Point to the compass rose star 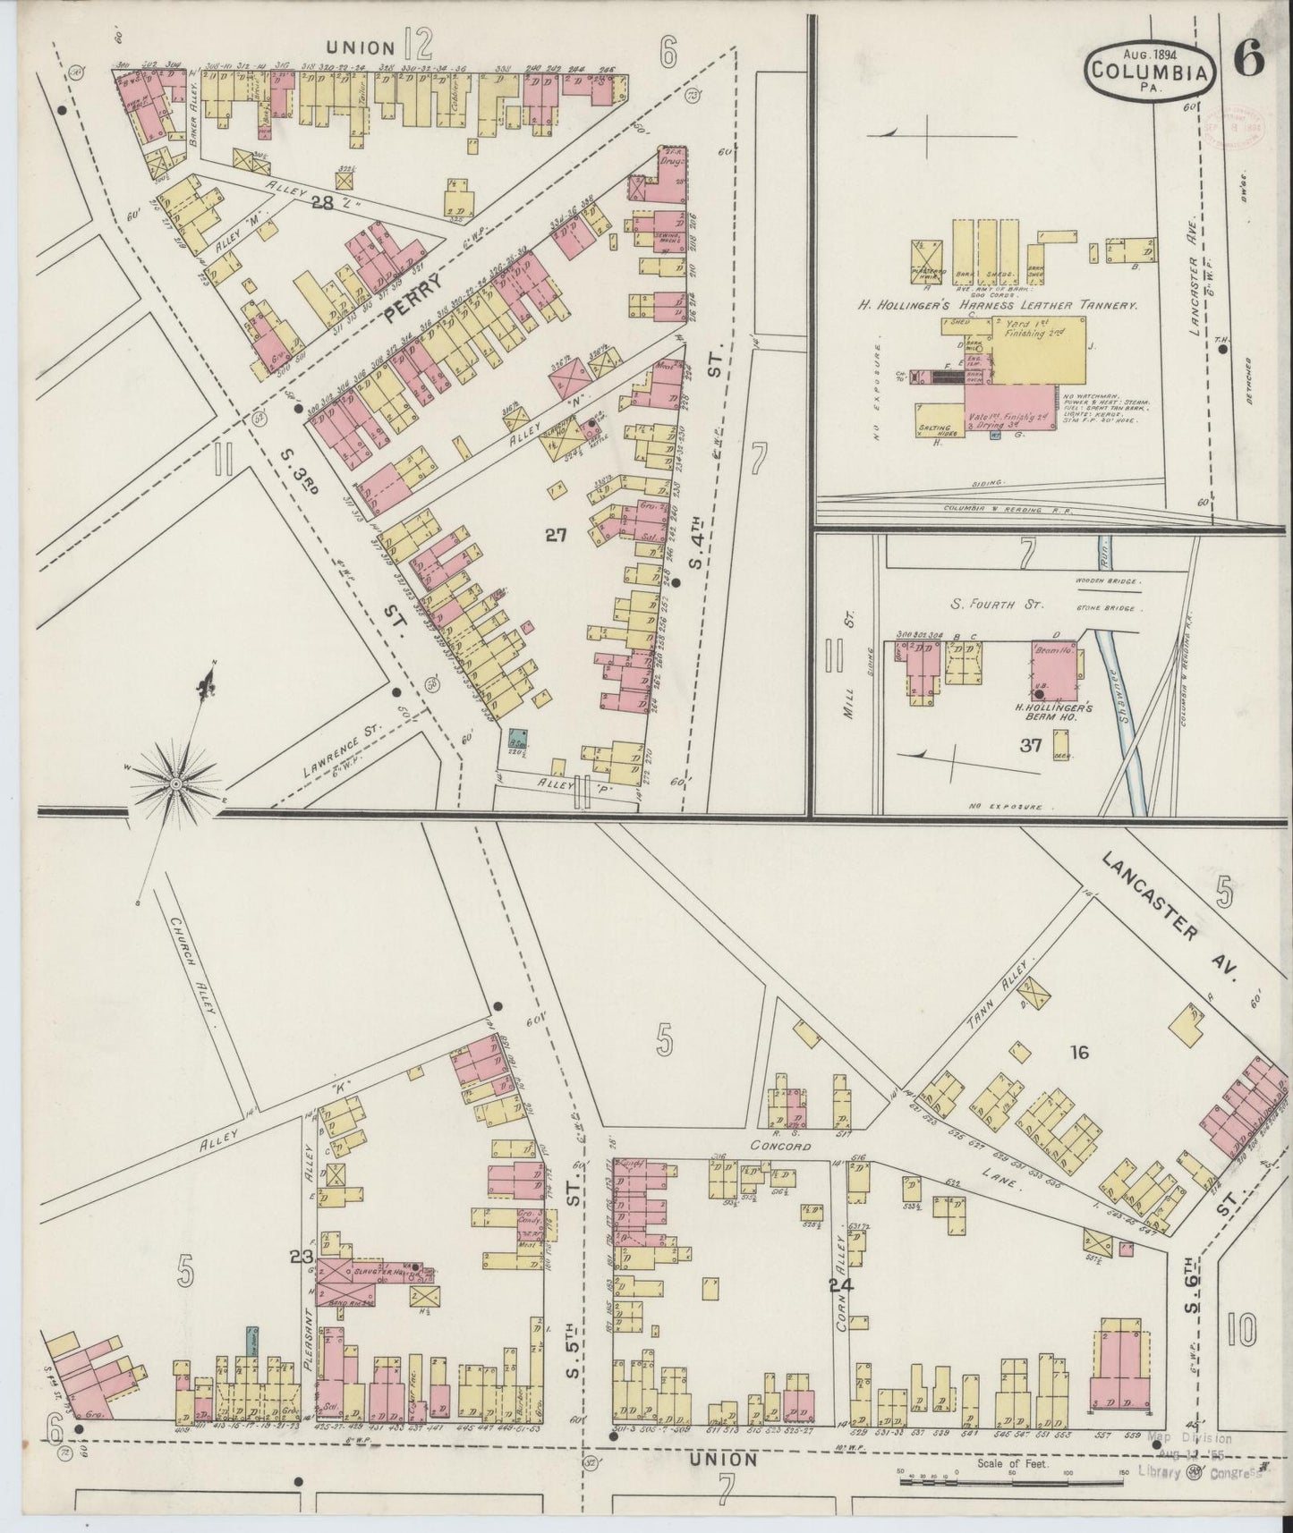click(175, 784)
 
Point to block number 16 click(1078, 1053)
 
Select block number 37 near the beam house click(1032, 743)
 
